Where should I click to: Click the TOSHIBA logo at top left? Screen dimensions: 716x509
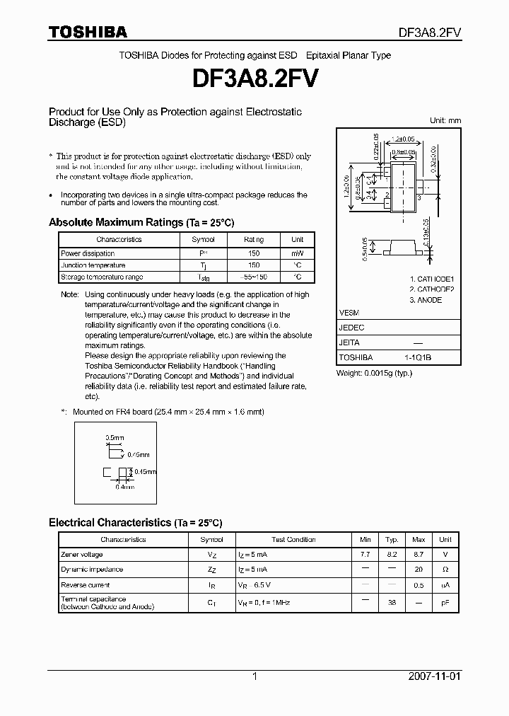(x=88, y=32)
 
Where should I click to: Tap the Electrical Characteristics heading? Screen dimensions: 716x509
(x=135, y=523)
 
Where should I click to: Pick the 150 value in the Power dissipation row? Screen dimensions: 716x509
(x=254, y=253)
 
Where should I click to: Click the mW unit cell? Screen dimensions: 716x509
(x=298, y=253)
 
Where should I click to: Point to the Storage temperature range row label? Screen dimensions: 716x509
(x=102, y=277)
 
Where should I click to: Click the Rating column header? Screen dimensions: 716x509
(x=254, y=240)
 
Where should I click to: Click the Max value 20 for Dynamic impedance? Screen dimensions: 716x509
(x=419, y=570)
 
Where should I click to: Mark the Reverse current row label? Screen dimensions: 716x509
(x=86, y=585)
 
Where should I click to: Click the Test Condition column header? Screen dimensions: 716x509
(x=293, y=540)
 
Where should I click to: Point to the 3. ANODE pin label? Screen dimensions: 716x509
(x=426, y=300)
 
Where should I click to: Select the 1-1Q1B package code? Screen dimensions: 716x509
(x=417, y=358)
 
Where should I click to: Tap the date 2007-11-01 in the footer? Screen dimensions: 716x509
(x=434, y=676)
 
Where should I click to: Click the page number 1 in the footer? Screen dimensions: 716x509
(x=255, y=676)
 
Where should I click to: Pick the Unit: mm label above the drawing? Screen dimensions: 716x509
(x=445, y=120)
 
